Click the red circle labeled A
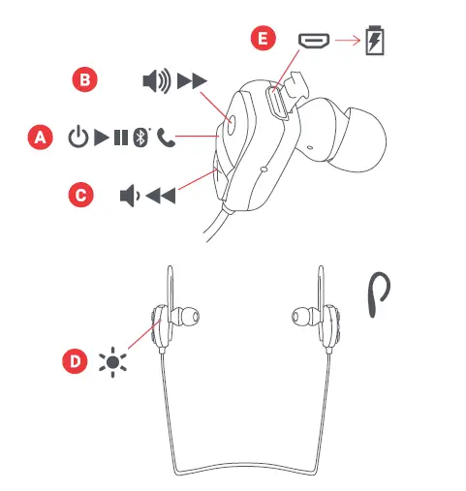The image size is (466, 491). click(x=39, y=138)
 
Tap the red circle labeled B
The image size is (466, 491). click(x=85, y=81)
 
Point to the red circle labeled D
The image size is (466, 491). click(x=75, y=363)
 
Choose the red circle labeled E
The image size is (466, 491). click(x=259, y=40)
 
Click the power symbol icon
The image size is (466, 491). click(x=78, y=138)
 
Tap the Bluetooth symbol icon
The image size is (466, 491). click(x=141, y=138)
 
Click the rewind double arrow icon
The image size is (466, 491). click(x=161, y=197)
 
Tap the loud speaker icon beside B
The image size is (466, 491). click(x=156, y=81)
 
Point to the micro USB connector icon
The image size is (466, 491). click(x=314, y=41)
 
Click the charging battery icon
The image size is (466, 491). click(x=374, y=42)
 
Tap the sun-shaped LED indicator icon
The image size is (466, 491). click(x=113, y=363)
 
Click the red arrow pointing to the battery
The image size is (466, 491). click(x=347, y=42)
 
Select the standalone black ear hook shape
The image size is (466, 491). click(x=380, y=293)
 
